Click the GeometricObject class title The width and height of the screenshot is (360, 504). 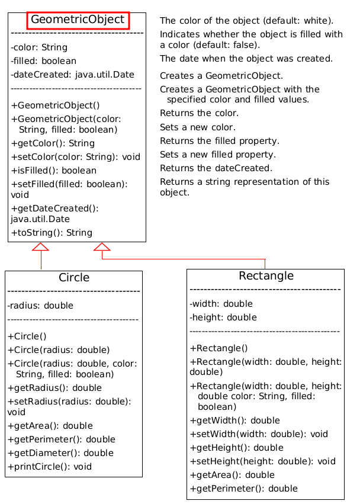click(x=78, y=20)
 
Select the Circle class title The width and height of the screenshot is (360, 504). click(x=74, y=278)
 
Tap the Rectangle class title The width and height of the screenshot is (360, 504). click(x=266, y=276)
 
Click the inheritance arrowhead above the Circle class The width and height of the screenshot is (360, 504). click(x=41, y=247)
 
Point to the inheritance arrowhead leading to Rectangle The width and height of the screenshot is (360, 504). click(x=102, y=247)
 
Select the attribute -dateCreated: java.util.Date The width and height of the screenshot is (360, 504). click(x=72, y=75)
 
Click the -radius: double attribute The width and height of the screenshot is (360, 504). click(x=40, y=306)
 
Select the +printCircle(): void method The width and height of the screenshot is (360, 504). click(x=50, y=467)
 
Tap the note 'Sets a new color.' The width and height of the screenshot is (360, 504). click(x=198, y=127)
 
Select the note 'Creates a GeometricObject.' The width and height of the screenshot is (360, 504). click(x=221, y=76)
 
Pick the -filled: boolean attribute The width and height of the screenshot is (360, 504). click(x=43, y=61)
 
